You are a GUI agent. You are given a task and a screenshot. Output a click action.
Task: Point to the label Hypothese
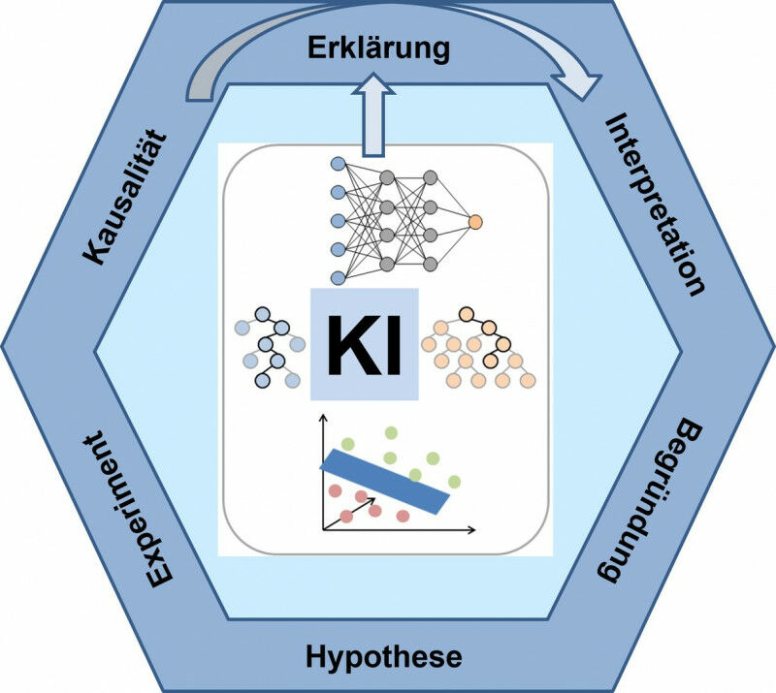[x=384, y=657]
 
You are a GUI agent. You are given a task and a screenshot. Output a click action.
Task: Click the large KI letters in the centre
[x=364, y=344]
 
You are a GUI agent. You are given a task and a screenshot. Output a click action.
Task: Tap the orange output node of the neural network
[x=475, y=221]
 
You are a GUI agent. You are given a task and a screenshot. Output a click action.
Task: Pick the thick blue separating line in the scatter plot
[x=386, y=481]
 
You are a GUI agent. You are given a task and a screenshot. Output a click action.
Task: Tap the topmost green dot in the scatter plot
[x=391, y=432]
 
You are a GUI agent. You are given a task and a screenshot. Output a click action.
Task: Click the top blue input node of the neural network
[x=339, y=164]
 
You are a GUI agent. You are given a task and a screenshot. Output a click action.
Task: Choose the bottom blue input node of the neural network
[x=339, y=278]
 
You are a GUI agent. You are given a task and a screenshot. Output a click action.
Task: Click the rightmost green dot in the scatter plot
[x=453, y=481]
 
